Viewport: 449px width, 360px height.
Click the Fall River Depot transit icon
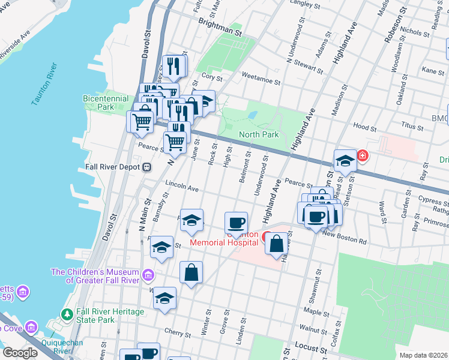coord(146,167)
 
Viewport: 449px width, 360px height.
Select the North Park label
coord(258,134)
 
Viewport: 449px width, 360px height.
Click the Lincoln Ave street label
coord(181,187)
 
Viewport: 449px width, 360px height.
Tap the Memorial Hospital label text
coord(224,242)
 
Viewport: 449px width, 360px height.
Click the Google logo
coord(20,353)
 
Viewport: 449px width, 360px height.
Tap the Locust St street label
coord(310,347)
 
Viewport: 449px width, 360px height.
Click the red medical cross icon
coord(362,156)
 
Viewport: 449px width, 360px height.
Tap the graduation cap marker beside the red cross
coord(345,160)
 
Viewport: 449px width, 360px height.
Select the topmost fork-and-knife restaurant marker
coord(173,65)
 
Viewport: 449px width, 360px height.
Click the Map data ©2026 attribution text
coord(423,355)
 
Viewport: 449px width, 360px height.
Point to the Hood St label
coord(364,127)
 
